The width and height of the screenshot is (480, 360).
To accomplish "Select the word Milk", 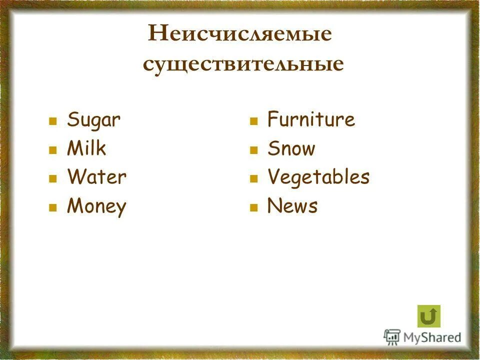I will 86,148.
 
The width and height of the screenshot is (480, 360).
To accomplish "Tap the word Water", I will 96,177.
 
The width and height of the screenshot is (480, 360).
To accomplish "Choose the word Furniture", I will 311,120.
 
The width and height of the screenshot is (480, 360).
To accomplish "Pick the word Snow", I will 291,148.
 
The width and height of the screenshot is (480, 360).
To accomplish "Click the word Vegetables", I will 318,177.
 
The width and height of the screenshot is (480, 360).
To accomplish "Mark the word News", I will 292,206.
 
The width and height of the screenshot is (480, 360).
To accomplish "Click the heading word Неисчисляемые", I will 240,34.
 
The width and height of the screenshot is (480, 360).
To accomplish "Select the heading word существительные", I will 243,64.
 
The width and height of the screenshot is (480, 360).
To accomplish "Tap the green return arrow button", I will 429,316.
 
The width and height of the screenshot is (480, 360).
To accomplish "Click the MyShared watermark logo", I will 422,337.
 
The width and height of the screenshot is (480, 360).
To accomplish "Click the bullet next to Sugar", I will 52,121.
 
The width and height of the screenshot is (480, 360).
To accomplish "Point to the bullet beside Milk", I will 52,150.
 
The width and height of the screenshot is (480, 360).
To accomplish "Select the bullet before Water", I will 52,178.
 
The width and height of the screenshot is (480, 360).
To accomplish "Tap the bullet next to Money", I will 52,207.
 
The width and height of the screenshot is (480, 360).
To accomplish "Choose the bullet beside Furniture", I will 253,121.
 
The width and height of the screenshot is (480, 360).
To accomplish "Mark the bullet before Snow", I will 253,150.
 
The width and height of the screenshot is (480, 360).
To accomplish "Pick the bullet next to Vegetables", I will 253,178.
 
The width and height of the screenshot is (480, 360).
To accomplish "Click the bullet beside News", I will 253,207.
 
